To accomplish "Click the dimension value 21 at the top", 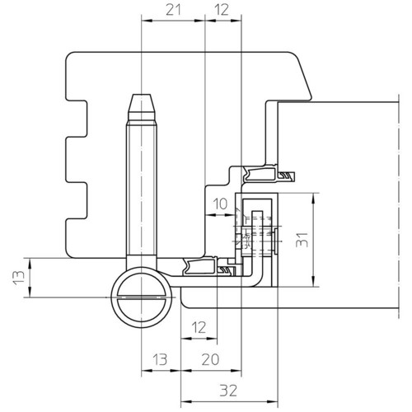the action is (174, 10).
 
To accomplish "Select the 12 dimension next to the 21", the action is (222, 10).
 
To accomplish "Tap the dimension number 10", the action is (220, 204).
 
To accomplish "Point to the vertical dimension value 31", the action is (302, 240).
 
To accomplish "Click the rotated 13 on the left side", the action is (19, 278).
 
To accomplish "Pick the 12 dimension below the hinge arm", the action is (199, 327).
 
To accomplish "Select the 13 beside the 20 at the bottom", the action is (160, 359).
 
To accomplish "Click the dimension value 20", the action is (210, 359).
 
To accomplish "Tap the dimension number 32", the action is (228, 391).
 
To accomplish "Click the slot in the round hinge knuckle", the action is (141, 297).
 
